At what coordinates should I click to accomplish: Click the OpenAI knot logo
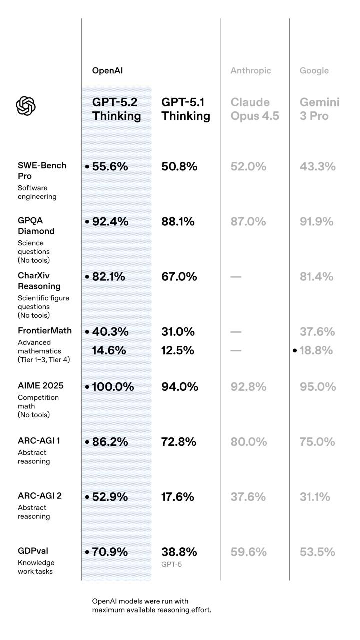26,106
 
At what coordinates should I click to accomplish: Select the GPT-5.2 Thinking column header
116,109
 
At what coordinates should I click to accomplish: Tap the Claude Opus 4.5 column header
255,109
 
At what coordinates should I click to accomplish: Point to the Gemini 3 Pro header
319,109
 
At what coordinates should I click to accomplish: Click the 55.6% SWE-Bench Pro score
110,167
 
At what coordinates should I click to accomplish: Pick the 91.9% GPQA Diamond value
317,222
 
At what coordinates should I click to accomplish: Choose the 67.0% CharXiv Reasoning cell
179,277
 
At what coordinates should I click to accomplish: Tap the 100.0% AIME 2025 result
113,387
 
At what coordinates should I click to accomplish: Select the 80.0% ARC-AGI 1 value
248,442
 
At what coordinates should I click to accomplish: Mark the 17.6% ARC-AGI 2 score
178,497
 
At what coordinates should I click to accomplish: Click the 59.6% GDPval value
248,552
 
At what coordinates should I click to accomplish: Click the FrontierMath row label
45,331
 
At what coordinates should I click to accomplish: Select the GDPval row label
33,551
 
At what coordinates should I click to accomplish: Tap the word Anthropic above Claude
251,71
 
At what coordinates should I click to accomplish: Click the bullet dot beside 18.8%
295,351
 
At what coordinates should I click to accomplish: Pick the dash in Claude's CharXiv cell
236,277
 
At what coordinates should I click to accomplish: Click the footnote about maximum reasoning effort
152,605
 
